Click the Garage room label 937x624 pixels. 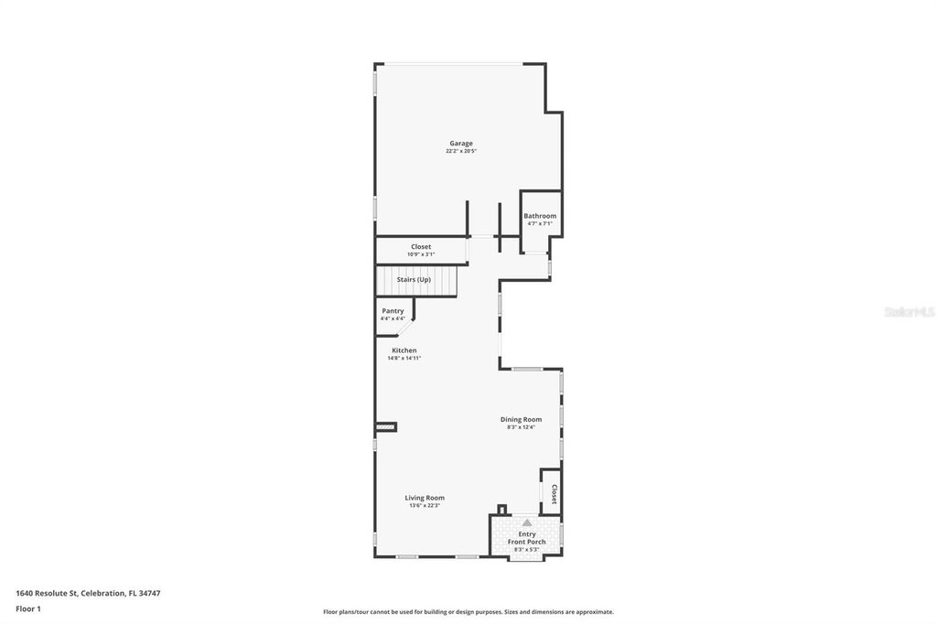tap(460, 144)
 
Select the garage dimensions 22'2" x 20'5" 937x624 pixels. tap(460, 151)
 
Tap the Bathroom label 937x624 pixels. tap(540, 216)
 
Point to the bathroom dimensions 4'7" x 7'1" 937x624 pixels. tap(540, 223)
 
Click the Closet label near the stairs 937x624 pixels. tap(421, 246)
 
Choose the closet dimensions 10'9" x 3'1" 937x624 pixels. tap(421, 254)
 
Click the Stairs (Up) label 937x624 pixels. tap(414, 279)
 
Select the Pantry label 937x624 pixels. tap(393, 311)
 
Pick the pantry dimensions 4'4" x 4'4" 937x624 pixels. tap(393, 318)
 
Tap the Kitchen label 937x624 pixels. tap(404, 350)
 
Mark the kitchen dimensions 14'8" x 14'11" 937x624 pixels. tap(404, 358)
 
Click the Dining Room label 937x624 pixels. tap(521, 419)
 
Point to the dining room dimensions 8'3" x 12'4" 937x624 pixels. tap(521, 426)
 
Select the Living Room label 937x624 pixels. tap(425, 498)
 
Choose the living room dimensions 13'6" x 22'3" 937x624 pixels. tap(425, 505)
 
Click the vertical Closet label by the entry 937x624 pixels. tap(554, 494)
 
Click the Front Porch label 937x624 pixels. tap(527, 542)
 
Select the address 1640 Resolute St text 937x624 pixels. tap(55, 593)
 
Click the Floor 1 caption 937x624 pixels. tap(28, 608)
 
